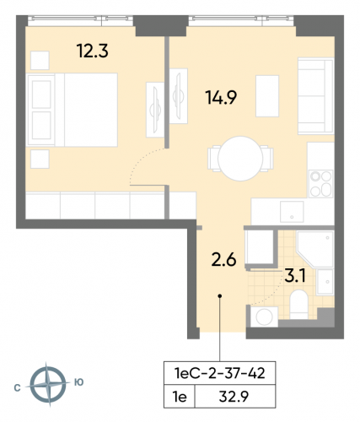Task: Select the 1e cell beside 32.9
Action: [179, 392]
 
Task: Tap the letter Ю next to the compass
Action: [78, 382]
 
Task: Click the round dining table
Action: [241, 159]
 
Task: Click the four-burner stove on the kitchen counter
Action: [320, 180]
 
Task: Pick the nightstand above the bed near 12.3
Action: [40, 60]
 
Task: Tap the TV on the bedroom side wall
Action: [156, 106]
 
